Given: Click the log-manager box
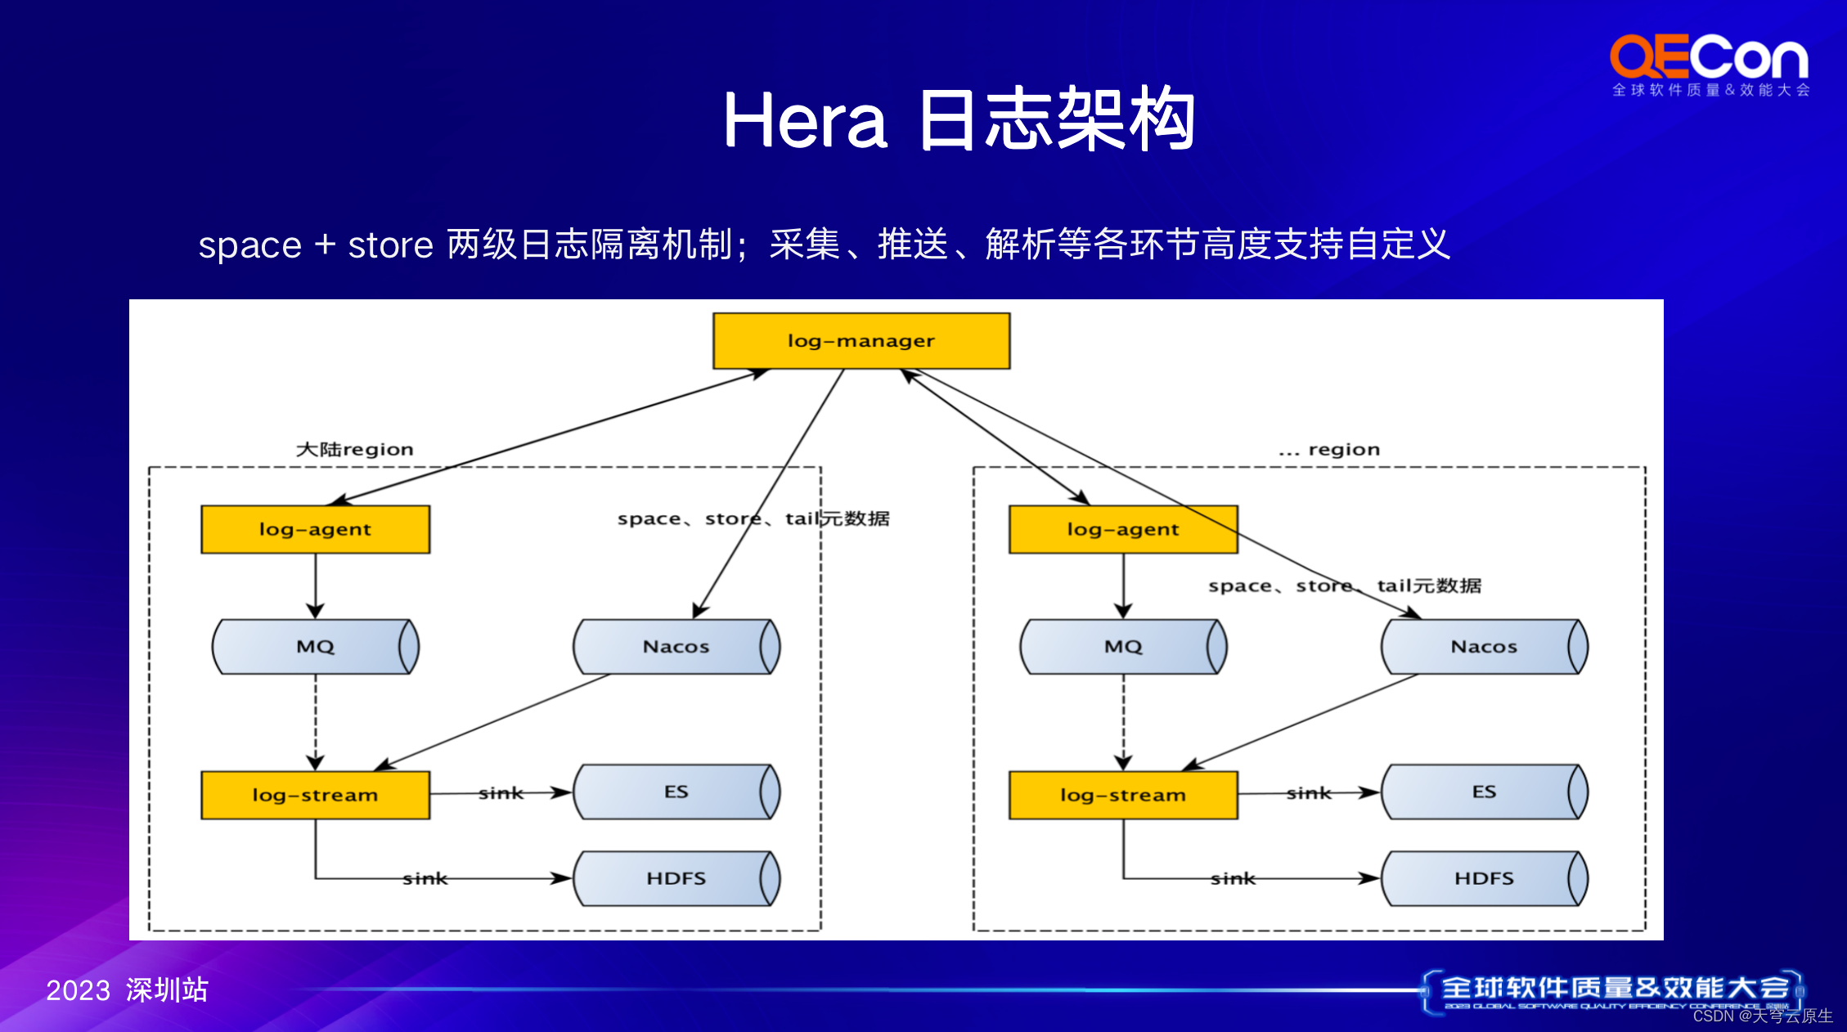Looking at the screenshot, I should (861, 341).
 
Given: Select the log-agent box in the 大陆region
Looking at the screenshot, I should (315, 530).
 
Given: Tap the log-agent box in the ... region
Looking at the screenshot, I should (1123, 530).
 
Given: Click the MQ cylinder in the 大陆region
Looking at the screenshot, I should (315, 647).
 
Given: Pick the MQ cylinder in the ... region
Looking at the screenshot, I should (1123, 647).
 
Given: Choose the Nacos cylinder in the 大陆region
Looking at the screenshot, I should (676, 647).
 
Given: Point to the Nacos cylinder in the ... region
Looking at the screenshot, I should (1484, 647).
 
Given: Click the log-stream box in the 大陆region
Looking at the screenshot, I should (315, 795).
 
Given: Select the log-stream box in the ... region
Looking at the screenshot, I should (1123, 795).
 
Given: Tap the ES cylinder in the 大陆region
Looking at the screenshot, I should (676, 792).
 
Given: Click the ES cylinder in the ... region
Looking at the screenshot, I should (1484, 792).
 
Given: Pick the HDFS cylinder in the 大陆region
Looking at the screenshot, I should (676, 878).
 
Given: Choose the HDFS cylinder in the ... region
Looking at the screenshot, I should (1484, 878).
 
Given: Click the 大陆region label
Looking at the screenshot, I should (354, 450).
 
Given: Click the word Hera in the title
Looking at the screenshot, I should (805, 121).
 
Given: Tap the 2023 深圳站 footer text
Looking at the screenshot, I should (127, 990).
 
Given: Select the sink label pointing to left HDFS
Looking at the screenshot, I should (425, 879).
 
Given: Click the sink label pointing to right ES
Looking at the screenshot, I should (1309, 793).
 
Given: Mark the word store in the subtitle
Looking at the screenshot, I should (390, 245).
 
